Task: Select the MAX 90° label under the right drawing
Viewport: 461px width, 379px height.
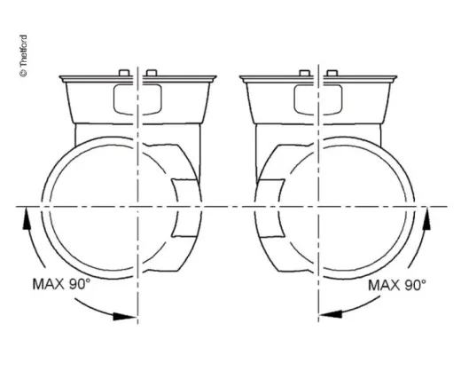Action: [x=396, y=285]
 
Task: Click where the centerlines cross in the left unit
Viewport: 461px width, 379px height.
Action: [x=138, y=207]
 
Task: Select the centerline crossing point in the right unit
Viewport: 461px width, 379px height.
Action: [x=320, y=207]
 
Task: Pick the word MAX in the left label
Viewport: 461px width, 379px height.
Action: [x=49, y=285]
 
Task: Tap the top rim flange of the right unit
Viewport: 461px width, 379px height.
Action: [x=319, y=79]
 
